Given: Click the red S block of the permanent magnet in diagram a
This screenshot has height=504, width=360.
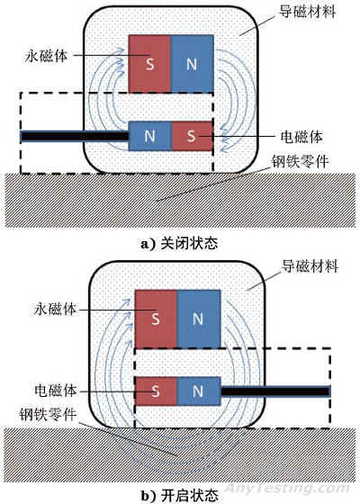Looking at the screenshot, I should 149,62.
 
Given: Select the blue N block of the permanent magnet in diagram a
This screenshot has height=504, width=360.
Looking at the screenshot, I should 191,62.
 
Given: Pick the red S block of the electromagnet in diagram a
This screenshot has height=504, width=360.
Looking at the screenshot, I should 191,136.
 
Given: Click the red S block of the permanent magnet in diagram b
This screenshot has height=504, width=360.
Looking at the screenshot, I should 155,318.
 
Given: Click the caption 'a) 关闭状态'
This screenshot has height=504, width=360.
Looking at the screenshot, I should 180,242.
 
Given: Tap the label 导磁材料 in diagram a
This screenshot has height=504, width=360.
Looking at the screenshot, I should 306,14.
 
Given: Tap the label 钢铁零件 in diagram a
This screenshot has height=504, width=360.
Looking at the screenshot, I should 305,165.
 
